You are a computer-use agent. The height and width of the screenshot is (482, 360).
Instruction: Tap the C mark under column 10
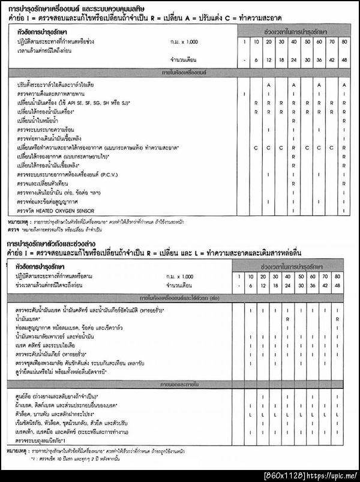click(256, 147)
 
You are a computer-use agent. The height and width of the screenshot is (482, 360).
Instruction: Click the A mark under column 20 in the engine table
click(268, 85)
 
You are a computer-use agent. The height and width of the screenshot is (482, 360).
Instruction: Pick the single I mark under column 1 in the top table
click(244, 94)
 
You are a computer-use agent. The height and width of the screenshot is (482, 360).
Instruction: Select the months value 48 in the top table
click(344, 60)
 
